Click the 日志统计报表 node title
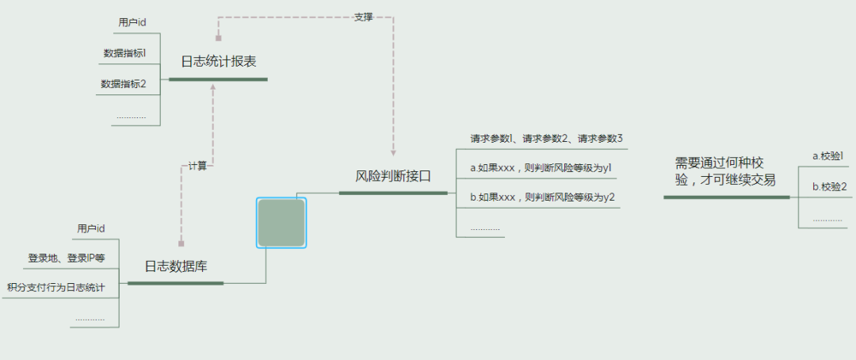click(218, 61)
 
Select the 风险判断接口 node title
click(392, 176)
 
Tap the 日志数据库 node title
click(176, 266)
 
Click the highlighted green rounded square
click(281, 223)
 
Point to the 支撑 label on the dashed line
click(363, 17)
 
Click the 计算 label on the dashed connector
click(197, 166)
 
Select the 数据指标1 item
click(124, 53)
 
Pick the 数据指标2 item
click(124, 82)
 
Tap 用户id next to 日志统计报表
click(132, 22)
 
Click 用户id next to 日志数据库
click(91, 228)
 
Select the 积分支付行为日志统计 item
click(55, 287)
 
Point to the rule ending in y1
click(541, 168)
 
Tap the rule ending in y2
click(542, 197)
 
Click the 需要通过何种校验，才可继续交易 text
click(725, 170)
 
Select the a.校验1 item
click(827, 156)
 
